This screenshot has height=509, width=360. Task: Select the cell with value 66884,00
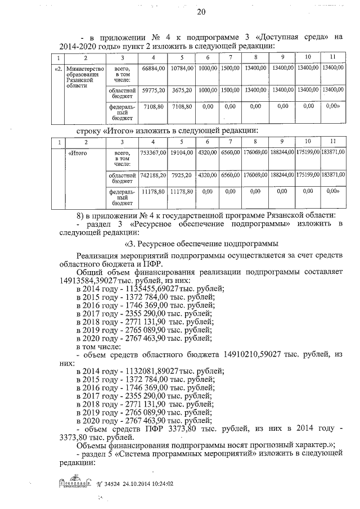coord(154,68)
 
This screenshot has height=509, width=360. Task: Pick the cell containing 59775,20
coord(154,89)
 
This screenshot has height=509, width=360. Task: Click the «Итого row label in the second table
coord(78,152)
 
